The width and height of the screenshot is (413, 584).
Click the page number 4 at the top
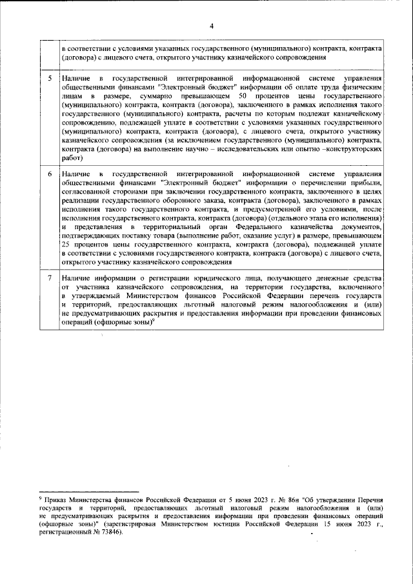click(x=210, y=26)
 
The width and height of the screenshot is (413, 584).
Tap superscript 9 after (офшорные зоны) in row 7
click(x=154, y=318)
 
